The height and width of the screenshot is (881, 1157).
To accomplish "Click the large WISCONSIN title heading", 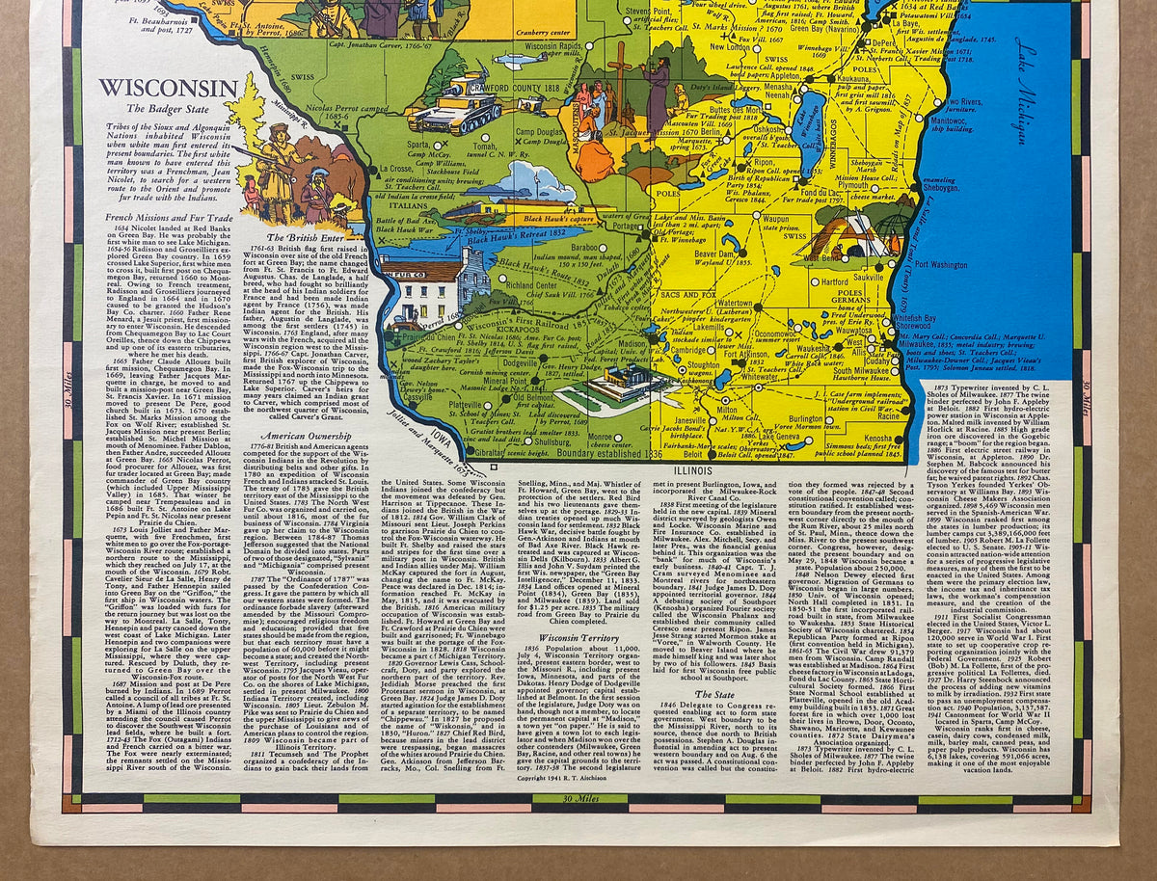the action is (x=168, y=90).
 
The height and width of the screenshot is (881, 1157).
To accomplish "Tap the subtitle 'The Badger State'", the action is (x=169, y=110).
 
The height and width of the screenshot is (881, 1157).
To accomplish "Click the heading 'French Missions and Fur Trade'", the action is (x=168, y=218).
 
